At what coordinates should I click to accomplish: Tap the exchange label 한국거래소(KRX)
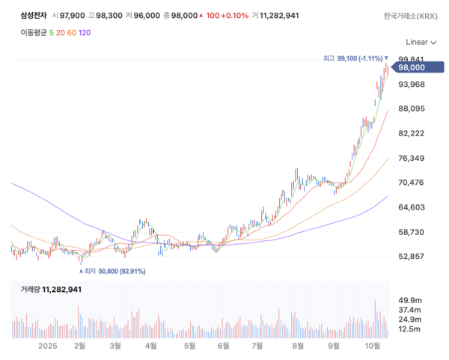tap(411, 15)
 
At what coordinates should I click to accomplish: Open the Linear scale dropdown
tap(421, 43)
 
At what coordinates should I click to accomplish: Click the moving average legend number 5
tap(52, 32)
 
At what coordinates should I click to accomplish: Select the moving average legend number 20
tap(61, 32)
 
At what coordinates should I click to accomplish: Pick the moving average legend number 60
tap(72, 32)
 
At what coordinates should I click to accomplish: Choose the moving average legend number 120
tap(85, 32)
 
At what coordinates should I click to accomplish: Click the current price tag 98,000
tap(416, 67)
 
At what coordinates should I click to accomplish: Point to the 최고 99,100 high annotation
tap(355, 58)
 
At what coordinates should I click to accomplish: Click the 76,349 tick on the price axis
tap(412, 158)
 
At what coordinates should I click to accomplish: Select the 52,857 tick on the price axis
tap(412, 256)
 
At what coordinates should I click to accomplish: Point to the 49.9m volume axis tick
tap(409, 298)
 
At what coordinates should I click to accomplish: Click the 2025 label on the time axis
tap(48, 346)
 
